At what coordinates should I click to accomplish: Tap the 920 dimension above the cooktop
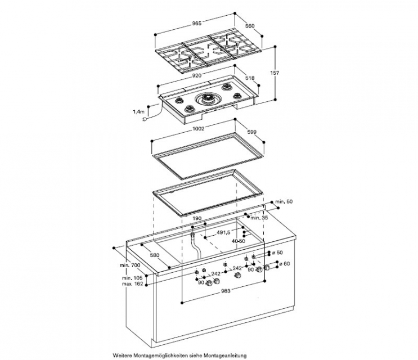click(197, 74)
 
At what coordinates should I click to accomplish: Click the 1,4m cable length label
click(139, 111)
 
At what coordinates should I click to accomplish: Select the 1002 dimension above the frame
click(197, 129)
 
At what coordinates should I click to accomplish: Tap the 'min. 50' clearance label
click(283, 201)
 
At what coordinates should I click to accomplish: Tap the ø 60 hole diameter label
click(283, 263)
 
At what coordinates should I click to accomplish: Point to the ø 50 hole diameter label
click(281, 252)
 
